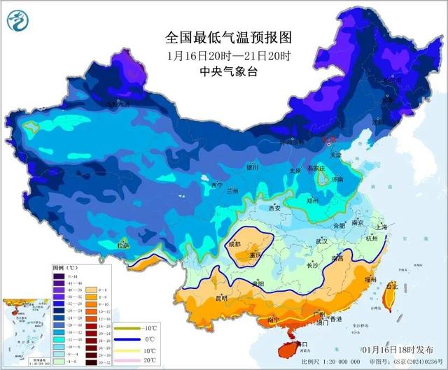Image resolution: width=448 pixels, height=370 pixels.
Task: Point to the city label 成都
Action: (234, 244)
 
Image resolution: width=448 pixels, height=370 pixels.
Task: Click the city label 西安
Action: (274, 208)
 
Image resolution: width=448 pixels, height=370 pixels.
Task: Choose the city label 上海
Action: (381, 227)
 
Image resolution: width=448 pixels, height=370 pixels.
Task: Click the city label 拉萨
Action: (123, 246)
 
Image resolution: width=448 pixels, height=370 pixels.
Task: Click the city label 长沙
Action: (313, 266)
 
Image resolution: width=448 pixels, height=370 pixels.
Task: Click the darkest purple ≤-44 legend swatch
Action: (58, 276)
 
